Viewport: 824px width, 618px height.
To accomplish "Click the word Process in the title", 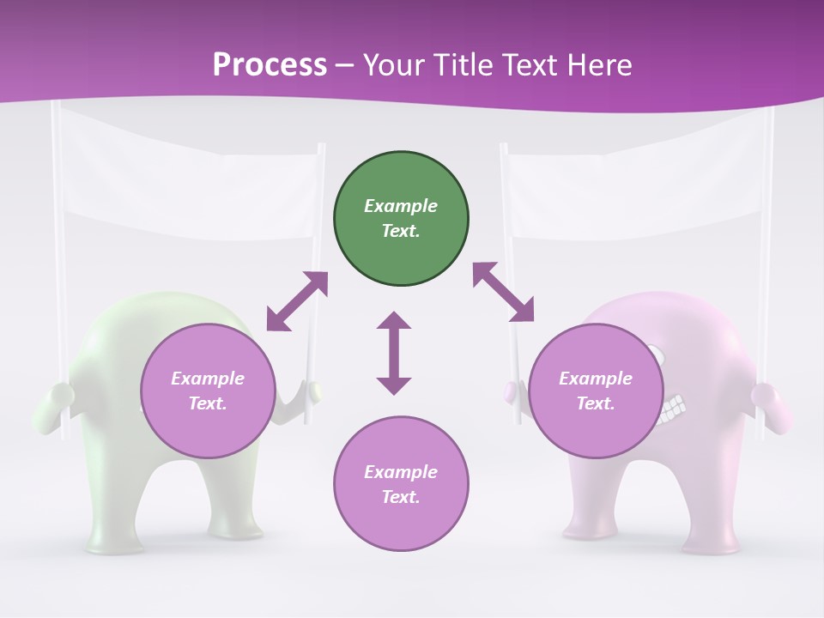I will point(270,65).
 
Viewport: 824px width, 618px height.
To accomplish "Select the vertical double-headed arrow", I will point(394,353).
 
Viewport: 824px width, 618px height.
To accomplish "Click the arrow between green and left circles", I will point(297,301).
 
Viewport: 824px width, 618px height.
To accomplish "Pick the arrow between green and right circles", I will point(503,292).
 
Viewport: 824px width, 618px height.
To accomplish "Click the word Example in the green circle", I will point(401,206).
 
